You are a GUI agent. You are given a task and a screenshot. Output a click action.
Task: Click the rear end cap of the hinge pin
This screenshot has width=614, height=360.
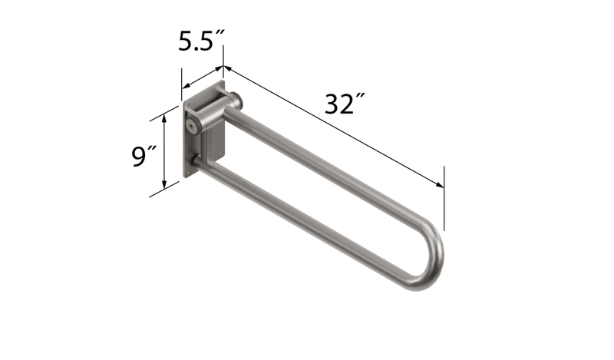click(239, 99)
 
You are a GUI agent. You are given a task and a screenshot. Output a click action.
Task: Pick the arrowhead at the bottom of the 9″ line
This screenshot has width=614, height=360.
click(164, 188)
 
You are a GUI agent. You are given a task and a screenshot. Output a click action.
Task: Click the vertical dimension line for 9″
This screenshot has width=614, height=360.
click(164, 154)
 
